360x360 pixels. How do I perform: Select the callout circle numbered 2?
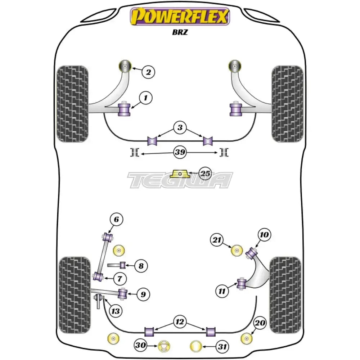point(148,72)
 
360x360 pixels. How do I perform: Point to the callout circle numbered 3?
point(180,127)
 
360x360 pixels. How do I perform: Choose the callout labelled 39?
point(180,153)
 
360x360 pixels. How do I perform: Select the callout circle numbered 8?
point(141,266)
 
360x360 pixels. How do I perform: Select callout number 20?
point(260,323)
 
